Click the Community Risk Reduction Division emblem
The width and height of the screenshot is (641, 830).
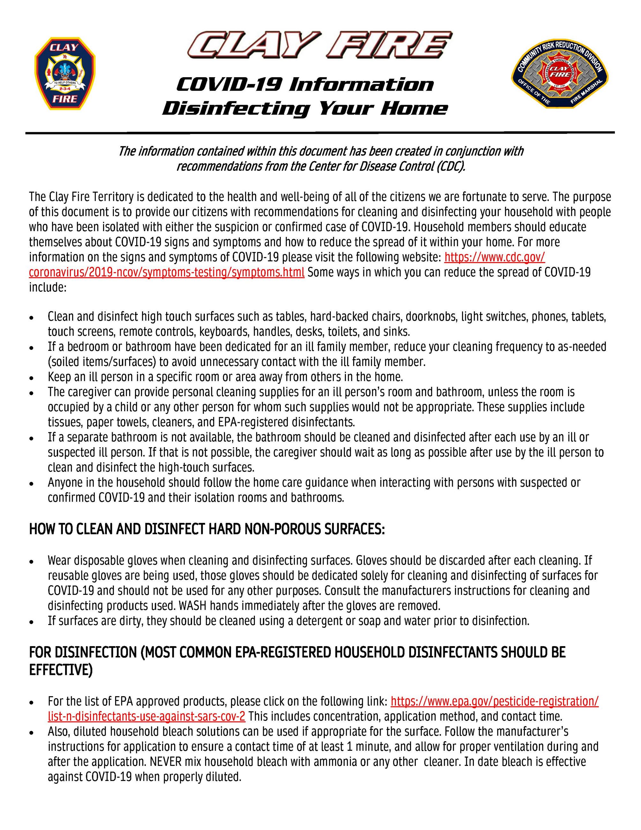559,73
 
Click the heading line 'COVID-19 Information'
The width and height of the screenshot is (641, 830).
305,84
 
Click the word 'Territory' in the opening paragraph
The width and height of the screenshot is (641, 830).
111,197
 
